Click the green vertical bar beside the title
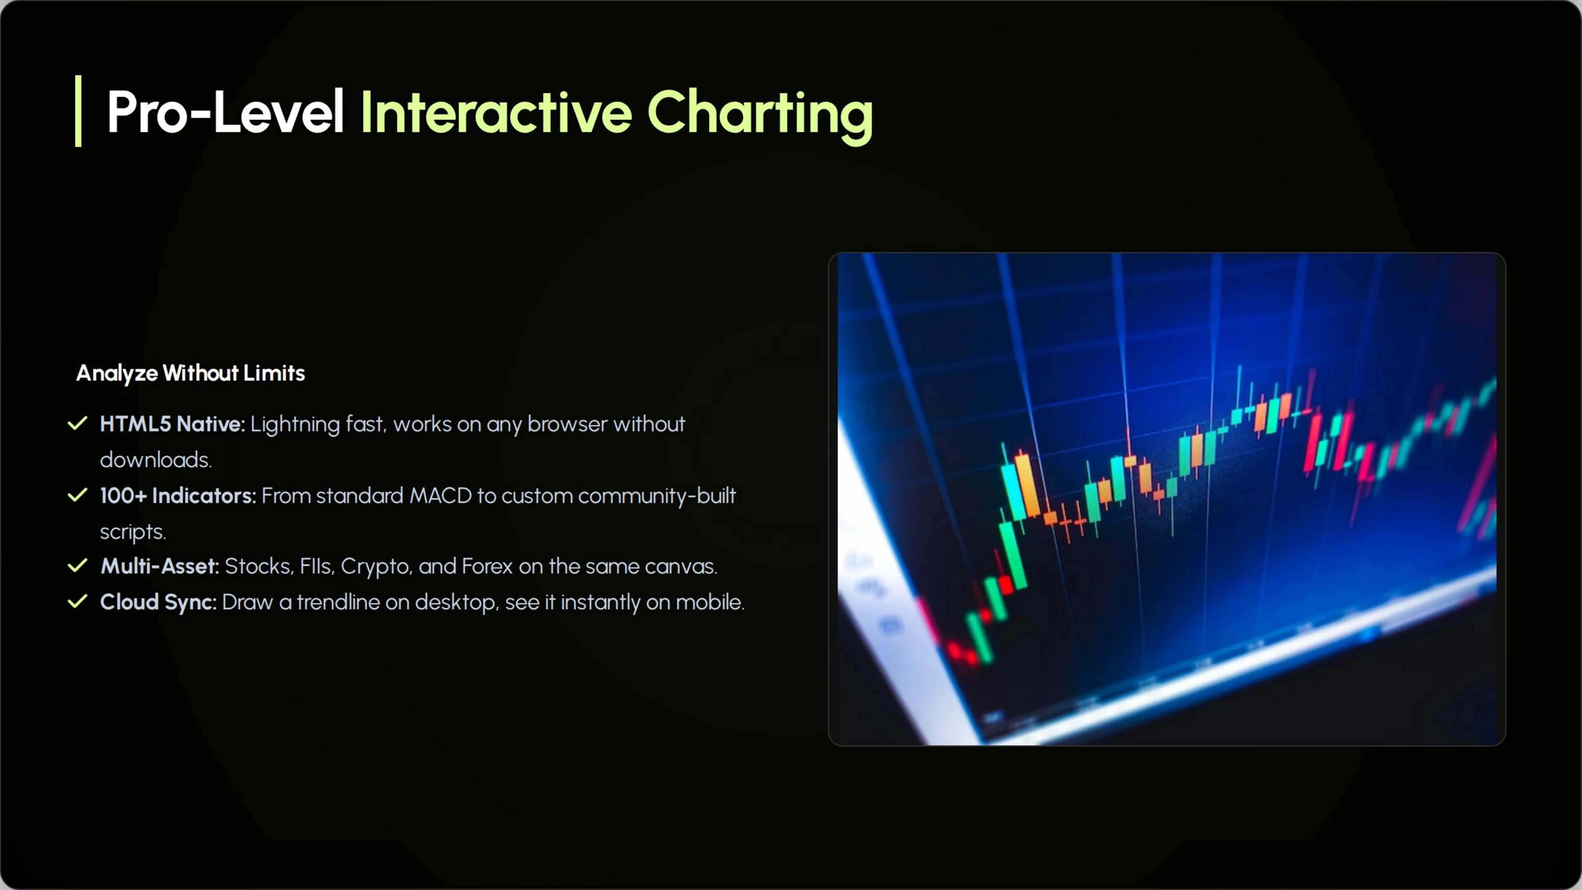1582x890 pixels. (x=78, y=111)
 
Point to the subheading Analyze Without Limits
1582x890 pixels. (x=190, y=373)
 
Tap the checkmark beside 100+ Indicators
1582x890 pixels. (x=77, y=495)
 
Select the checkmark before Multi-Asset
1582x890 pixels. (x=77, y=566)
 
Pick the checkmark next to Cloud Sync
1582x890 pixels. (x=77, y=601)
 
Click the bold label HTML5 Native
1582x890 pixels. (x=172, y=424)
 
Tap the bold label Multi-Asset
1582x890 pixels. (x=160, y=566)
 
